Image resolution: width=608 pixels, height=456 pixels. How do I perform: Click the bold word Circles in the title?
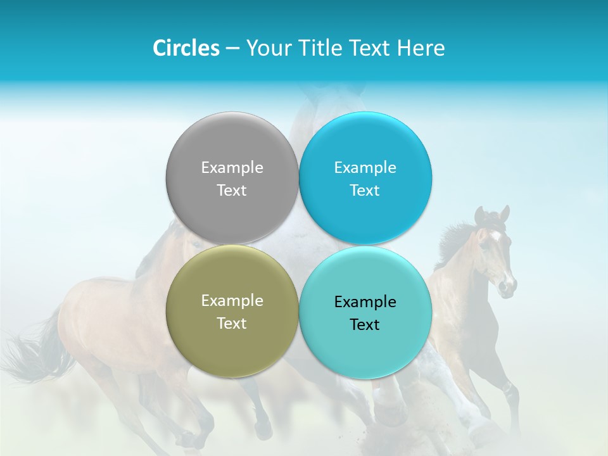pyautogui.click(x=186, y=48)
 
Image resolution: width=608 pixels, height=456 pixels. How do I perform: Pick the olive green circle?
pyautogui.click(x=232, y=342)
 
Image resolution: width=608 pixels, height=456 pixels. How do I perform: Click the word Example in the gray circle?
pyautogui.click(x=232, y=168)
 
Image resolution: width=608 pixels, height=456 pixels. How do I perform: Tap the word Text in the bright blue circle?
pyautogui.click(x=365, y=191)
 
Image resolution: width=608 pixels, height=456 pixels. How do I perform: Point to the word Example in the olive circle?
pyautogui.click(x=232, y=301)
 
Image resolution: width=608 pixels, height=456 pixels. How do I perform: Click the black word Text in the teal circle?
pyautogui.click(x=365, y=325)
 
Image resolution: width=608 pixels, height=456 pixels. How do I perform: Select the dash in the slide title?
pyautogui.click(x=232, y=48)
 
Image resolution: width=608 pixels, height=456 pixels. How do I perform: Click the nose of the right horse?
pyautogui.click(x=508, y=286)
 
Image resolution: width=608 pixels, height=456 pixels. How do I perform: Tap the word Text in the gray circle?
pyautogui.click(x=232, y=191)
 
